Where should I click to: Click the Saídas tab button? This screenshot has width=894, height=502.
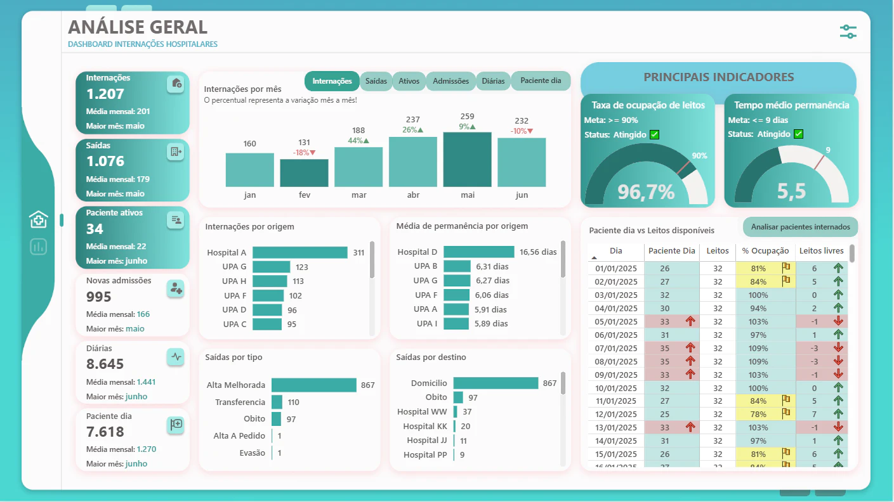coord(376,81)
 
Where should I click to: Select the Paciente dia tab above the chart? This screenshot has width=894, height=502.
coord(541,80)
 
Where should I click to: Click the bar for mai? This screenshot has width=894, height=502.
coord(468,160)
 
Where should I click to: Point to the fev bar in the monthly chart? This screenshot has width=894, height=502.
coord(304,173)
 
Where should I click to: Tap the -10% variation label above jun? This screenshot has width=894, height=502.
coord(522,131)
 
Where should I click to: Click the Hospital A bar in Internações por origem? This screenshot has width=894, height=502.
coord(300,252)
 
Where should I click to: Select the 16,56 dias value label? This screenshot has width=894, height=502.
coord(538,252)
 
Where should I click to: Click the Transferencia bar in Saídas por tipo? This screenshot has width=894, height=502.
coord(277,402)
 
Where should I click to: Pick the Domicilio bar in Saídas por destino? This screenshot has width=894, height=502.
coord(496,383)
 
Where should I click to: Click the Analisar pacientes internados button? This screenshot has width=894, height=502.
coord(800,227)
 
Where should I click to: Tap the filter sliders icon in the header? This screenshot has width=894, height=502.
coord(848,32)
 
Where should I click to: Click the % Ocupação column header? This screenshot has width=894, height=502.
coord(765,251)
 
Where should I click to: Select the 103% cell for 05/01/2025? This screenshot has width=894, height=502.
coord(758,322)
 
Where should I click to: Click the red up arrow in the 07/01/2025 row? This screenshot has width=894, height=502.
coord(690,348)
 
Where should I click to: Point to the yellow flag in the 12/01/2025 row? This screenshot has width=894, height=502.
coord(786,413)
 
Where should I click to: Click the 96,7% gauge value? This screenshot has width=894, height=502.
coord(646,192)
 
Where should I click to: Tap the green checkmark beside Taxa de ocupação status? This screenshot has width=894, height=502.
coord(655,135)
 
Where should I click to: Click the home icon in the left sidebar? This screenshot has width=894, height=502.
coord(38,219)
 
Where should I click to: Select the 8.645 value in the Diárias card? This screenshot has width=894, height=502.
coord(105,364)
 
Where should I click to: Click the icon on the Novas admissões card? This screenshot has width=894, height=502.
coord(176,288)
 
